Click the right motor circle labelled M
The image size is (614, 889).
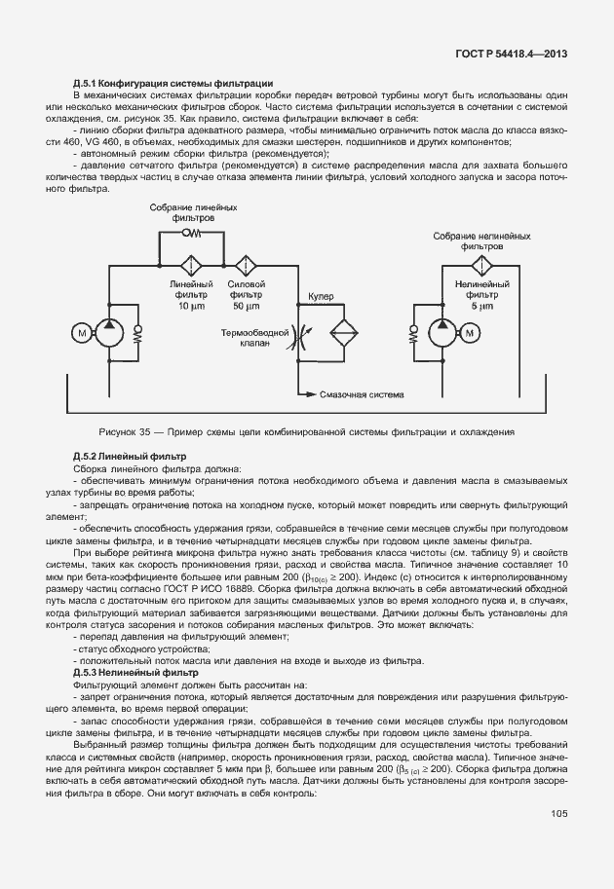[x=471, y=332]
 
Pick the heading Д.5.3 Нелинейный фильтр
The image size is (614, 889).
[x=135, y=673]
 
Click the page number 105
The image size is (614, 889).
[x=558, y=814]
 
